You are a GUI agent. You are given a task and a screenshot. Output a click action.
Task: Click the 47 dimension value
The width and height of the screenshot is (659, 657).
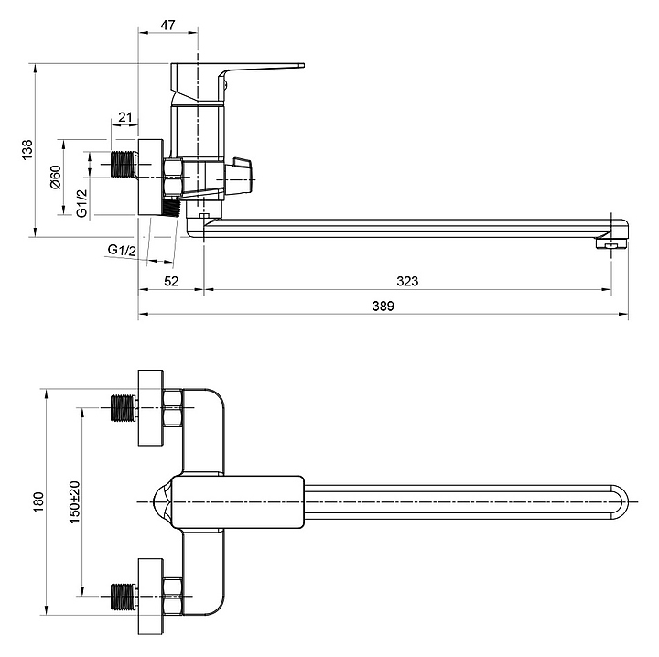167,25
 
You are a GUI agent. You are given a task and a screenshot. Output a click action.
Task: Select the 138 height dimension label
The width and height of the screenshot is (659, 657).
27,150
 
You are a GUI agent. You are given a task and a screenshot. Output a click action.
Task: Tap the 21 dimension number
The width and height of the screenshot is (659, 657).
125,116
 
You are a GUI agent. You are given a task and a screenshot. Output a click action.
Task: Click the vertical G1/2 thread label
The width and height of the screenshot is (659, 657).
81,202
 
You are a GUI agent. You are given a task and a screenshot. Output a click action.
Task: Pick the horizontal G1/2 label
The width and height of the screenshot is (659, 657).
122,250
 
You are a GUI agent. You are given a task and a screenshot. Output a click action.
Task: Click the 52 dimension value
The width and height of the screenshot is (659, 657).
170,281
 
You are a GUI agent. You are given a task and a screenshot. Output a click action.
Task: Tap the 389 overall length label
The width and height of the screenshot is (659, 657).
384,307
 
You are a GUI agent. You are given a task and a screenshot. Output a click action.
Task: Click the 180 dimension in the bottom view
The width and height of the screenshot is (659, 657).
38,501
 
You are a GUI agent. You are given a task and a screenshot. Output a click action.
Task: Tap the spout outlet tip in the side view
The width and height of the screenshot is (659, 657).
611,242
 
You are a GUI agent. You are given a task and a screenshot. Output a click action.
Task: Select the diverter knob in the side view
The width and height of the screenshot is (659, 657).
242,174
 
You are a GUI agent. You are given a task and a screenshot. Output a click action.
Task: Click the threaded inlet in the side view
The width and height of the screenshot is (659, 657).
120,166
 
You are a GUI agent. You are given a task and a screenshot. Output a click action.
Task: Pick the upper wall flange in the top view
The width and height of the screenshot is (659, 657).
150,408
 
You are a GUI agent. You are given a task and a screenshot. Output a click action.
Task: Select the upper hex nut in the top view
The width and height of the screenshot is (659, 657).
174,408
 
